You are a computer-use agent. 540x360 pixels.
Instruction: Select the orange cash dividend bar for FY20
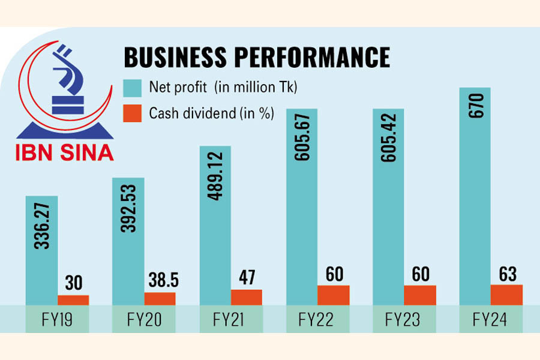[160, 298]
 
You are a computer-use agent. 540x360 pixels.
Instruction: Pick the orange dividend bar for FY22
[333, 295]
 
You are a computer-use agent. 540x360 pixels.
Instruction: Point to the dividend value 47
[247, 278]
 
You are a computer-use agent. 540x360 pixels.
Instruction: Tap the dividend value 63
[506, 273]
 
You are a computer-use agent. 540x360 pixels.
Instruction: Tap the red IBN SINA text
[64, 152]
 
